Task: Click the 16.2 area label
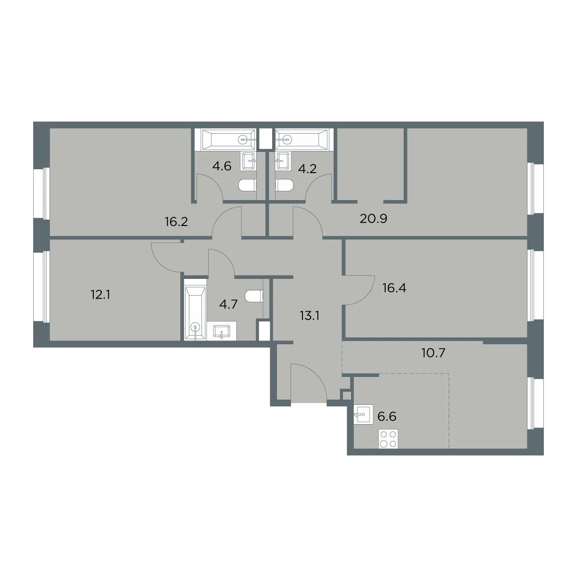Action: [176, 222]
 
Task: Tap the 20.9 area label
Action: [374, 219]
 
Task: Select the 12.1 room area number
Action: [100, 295]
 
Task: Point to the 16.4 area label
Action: [394, 288]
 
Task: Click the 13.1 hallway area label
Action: [310, 315]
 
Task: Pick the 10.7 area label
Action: [433, 353]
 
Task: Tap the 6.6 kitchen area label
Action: [387, 416]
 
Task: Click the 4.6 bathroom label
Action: [222, 166]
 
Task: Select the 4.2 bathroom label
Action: [307, 169]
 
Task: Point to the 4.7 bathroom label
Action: [228, 304]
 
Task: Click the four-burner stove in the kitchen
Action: [389, 439]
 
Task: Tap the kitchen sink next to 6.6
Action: [364, 414]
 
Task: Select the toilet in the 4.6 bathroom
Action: [248, 185]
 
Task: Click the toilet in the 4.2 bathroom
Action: [285, 185]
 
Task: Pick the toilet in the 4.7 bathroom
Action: [254, 297]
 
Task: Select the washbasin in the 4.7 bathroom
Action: [222, 331]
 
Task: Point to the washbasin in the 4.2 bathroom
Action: [283, 161]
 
